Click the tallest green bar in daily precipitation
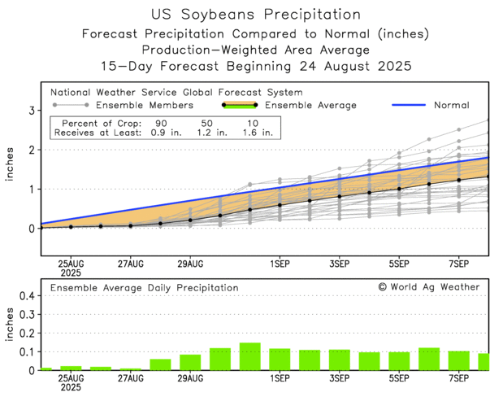click(249, 356)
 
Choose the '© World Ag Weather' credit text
click(428, 287)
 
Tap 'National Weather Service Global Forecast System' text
click(176, 92)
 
